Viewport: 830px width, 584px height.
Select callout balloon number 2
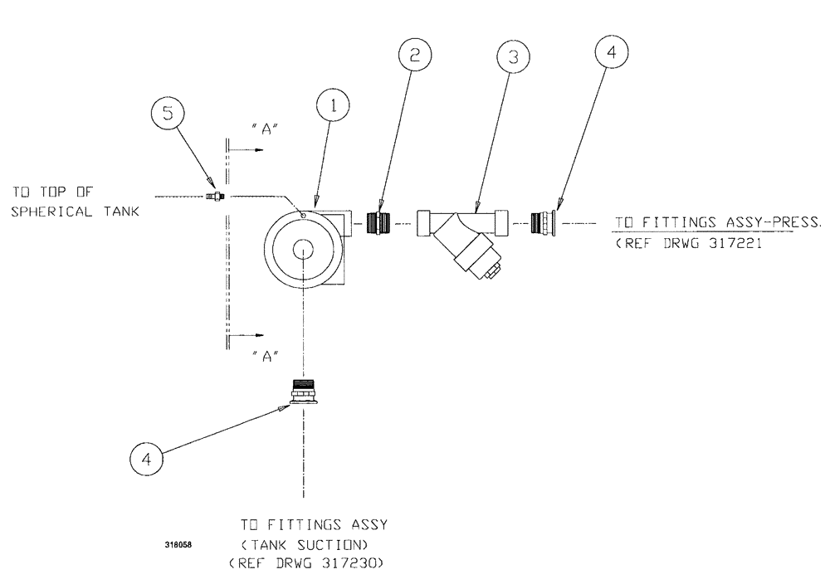[416, 56]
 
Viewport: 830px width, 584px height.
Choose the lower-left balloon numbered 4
[145, 460]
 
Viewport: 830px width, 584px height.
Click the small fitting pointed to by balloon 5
[215, 196]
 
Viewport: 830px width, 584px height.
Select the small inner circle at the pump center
[304, 249]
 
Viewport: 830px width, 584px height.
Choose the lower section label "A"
[264, 356]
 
